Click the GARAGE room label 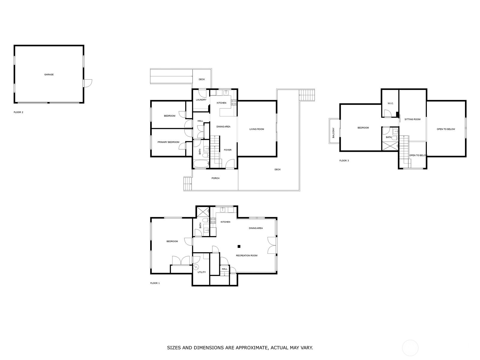tap(49, 74)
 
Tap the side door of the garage tap(88, 83)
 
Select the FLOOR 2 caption tap(18, 112)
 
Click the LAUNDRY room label tap(201, 100)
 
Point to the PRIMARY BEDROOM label tap(168, 142)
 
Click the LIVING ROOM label tap(256, 129)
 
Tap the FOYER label tap(228, 150)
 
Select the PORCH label tap(215, 178)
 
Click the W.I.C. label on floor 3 tap(390, 103)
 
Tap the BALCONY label tap(333, 133)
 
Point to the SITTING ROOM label tap(412, 119)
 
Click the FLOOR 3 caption tap(344, 161)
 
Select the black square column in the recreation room tap(239, 247)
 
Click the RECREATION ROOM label tap(247, 256)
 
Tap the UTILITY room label tap(202, 272)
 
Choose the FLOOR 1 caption tap(155, 283)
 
